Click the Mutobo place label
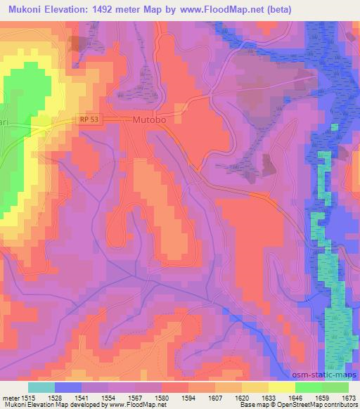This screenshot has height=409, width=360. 150,120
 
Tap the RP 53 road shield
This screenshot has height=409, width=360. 89,119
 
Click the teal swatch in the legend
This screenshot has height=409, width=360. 41,387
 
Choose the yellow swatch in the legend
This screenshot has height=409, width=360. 281,387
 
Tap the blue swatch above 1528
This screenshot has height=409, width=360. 68,387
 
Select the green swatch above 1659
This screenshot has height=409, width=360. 308,387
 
